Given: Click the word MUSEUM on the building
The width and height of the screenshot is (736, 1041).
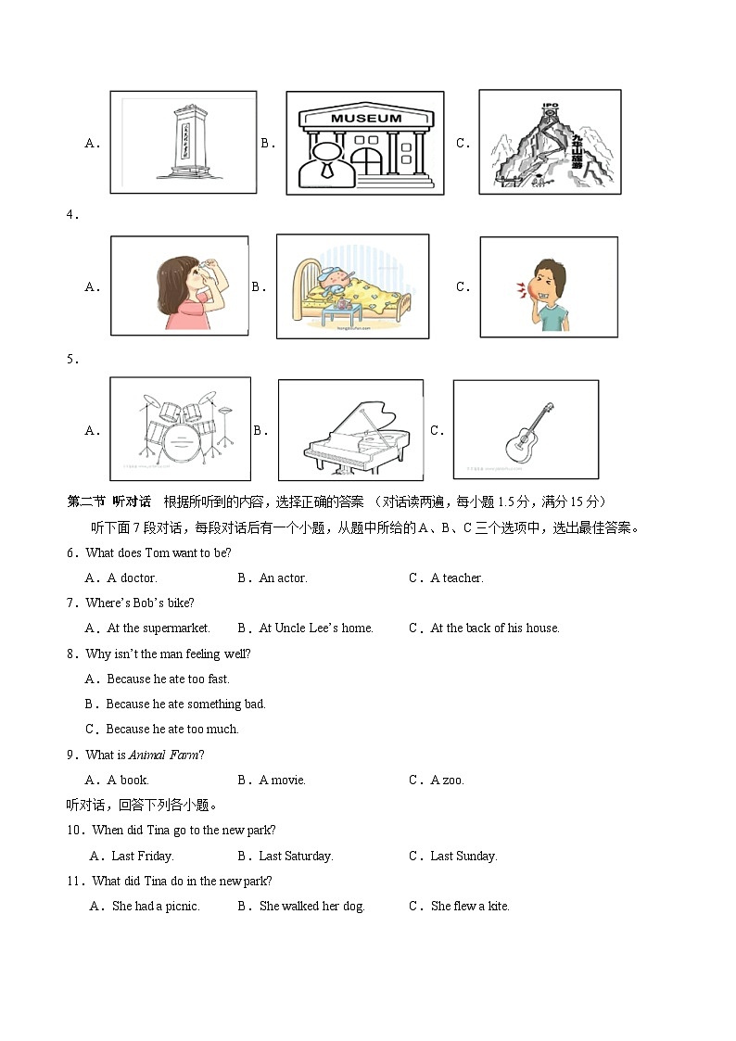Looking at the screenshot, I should (x=366, y=119).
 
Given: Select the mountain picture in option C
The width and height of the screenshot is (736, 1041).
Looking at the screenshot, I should (x=548, y=142).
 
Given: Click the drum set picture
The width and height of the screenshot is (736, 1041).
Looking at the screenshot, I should (x=180, y=429).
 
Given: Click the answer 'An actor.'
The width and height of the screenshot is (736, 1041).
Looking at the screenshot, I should (x=283, y=578).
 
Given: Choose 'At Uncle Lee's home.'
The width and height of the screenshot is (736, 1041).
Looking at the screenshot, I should (x=315, y=628).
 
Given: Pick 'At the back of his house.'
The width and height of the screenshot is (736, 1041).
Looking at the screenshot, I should (x=495, y=628).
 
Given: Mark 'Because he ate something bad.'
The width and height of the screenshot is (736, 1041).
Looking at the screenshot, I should (x=185, y=704).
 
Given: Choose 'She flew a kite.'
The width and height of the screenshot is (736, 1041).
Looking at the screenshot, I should (x=470, y=906).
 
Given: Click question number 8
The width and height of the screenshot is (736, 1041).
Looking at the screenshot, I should (x=71, y=654).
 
